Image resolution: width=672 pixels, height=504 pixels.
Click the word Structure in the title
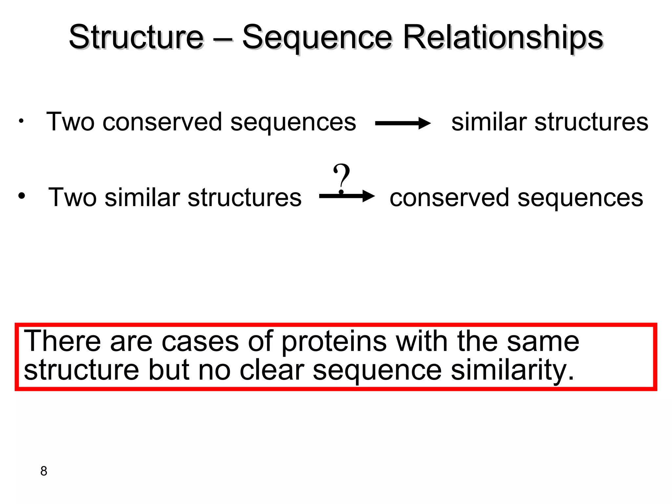point(136,37)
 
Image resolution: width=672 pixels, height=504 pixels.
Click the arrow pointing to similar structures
point(403,124)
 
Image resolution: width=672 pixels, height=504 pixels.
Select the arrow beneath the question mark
point(346,196)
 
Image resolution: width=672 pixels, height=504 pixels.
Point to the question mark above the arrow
point(341,177)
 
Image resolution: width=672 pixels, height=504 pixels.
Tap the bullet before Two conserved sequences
point(21,121)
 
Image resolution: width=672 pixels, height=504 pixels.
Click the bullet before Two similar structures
point(21,196)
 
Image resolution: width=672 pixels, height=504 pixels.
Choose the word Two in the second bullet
point(72,198)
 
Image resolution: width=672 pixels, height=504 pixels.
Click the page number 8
point(44,471)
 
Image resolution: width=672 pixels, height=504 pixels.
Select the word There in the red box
point(62,341)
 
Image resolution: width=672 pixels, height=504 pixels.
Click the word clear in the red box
point(272,370)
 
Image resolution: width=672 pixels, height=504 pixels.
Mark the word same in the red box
point(543,342)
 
